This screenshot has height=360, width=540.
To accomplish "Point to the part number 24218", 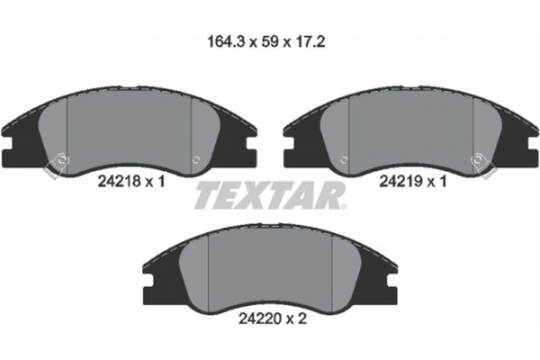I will (115, 181).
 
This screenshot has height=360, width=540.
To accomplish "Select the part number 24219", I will (400, 181).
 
